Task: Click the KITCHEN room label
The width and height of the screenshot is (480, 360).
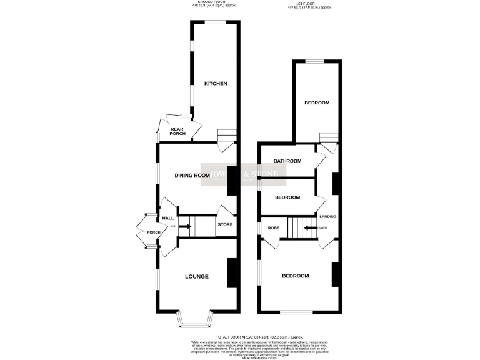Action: (x=214, y=84)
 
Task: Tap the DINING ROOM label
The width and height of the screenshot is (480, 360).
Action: (x=187, y=175)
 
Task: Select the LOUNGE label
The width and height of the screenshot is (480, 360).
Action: (x=196, y=276)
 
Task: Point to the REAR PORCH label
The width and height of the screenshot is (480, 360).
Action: (x=179, y=132)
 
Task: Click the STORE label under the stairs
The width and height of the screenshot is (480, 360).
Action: (x=225, y=224)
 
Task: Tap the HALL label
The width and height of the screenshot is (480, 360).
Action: (x=167, y=218)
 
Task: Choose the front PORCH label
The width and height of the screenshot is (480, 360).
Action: (x=153, y=233)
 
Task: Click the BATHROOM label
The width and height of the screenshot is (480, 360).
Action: (x=287, y=161)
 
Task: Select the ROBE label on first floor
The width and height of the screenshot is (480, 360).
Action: (x=274, y=228)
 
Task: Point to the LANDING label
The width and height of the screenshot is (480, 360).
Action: (x=328, y=217)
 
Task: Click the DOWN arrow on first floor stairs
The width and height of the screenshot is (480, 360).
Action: (x=311, y=228)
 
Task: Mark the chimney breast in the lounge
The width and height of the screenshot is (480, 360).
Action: (x=231, y=273)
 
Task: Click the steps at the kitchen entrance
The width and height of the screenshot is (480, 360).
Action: (x=226, y=136)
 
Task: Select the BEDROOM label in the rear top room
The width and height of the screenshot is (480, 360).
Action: (x=317, y=103)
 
